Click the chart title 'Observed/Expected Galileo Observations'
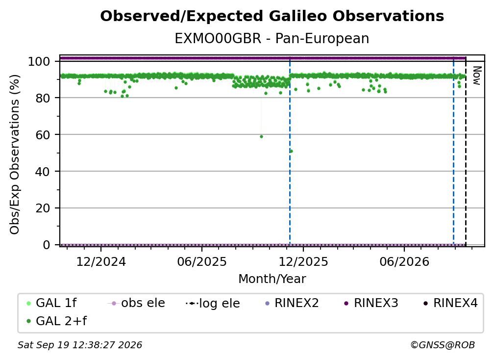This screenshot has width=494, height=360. pyautogui.click(x=272, y=16)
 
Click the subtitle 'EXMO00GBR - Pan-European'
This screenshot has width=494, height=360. pyautogui.click(x=272, y=39)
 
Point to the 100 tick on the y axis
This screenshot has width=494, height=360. pyautogui.click(x=39, y=61)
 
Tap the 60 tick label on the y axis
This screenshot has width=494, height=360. pyautogui.click(x=43, y=135)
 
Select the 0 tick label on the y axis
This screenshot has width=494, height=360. pyautogui.click(x=47, y=245)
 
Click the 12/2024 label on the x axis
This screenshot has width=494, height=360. pyautogui.click(x=101, y=262)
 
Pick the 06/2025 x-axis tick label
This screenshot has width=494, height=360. pyautogui.click(x=202, y=262)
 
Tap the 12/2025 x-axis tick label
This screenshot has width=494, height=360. pyautogui.click(x=303, y=262)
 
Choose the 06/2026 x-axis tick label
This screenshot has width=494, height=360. pyautogui.click(x=404, y=262)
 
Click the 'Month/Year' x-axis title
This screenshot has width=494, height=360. pyautogui.click(x=272, y=279)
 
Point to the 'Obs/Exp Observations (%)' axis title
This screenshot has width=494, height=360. pyautogui.click(x=15, y=154)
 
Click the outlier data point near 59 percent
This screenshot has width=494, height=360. pyautogui.click(x=261, y=136)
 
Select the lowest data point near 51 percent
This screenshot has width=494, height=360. pyautogui.click(x=291, y=152)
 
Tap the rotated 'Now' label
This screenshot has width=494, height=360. pyautogui.click(x=477, y=76)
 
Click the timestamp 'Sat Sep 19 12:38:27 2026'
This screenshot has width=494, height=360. pyautogui.click(x=80, y=345)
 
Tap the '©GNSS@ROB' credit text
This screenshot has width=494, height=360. pyautogui.click(x=443, y=345)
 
